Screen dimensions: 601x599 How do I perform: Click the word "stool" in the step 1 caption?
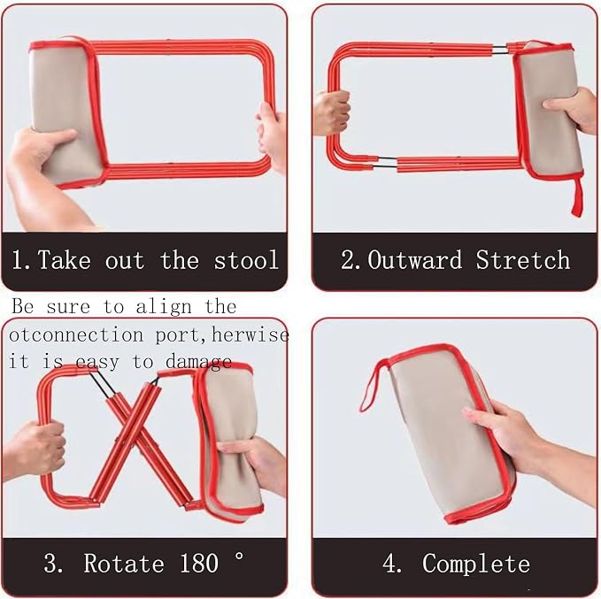(x=246, y=260)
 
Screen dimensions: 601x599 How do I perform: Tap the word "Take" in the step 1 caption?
(x=64, y=260)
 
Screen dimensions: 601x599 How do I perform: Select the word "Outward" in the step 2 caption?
(x=415, y=260)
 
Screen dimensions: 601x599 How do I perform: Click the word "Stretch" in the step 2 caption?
(x=523, y=260)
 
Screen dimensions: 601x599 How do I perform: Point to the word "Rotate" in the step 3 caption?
(x=124, y=563)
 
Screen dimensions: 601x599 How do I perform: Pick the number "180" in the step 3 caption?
(x=198, y=563)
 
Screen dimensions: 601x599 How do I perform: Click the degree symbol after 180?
(x=239, y=556)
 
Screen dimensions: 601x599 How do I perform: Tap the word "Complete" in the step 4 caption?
(x=476, y=564)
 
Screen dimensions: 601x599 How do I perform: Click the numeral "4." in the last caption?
(x=392, y=564)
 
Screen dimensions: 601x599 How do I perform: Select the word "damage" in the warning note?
(x=198, y=362)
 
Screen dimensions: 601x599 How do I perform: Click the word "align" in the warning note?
(x=164, y=307)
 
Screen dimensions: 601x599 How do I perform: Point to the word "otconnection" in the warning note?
(x=76, y=335)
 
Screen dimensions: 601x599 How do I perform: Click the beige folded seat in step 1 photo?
(x=65, y=111)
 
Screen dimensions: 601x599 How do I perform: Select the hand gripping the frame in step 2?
(x=331, y=112)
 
